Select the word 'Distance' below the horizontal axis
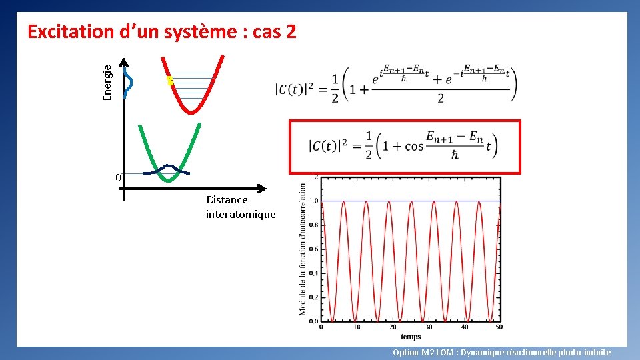tap(227, 199)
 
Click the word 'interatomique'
tap(240, 214)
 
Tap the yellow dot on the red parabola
tap(170, 81)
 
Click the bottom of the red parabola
tap(192, 112)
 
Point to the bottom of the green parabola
tap(169, 180)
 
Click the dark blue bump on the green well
tap(167, 167)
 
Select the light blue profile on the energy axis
tap(129, 81)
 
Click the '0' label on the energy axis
tap(117, 178)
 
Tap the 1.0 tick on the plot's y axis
tap(313, 201)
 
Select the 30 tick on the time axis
tap(428, 327)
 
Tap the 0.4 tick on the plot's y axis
tap(313, 273)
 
